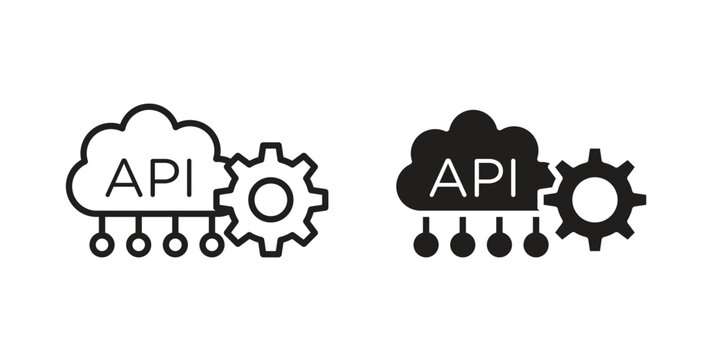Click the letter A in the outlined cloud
click(123, 178)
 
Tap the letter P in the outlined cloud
click(156, 178)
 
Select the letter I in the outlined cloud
click(180, 178)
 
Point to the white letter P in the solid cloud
click(483, 178)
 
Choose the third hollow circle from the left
click(175, 242)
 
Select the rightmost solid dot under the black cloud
click(536, 243)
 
